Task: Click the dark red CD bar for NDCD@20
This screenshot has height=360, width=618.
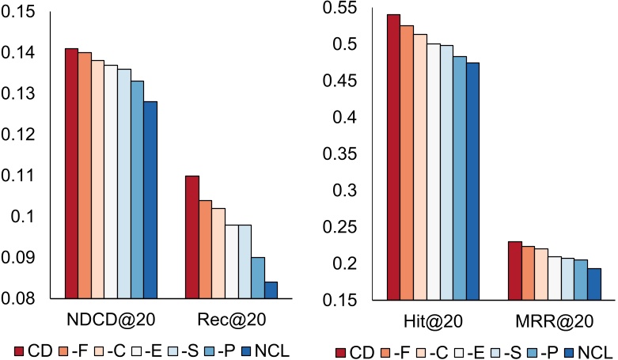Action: (71, 174)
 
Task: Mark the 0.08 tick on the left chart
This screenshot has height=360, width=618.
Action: (36, 299)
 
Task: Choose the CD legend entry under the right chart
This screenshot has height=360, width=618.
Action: (351, 351)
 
